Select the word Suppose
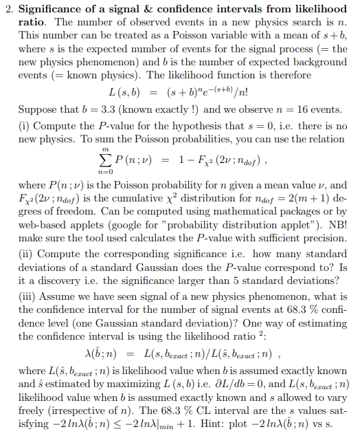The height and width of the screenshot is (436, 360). (38, 109)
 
